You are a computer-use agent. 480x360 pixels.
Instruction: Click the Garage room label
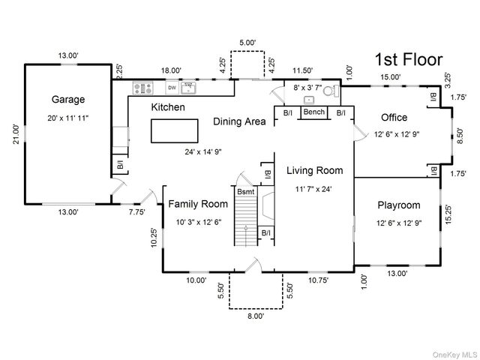[x=68, y=100]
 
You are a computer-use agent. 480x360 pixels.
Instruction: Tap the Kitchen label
[x=168, y=107]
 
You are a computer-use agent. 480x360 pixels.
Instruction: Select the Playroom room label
[x=399, y=205]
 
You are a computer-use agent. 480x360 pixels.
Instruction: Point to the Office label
[x=394, y=117]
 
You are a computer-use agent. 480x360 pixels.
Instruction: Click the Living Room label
[x=315, y=170]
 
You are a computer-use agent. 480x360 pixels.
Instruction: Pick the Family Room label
[x=198, y=204]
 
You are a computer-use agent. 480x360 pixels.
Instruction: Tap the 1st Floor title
[x=409, y=59]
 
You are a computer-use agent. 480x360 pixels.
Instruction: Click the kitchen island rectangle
[x=175, y=131]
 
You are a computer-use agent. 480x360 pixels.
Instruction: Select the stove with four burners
[x=143, y=88]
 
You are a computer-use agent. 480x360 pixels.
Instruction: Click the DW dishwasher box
[x=172, y=88]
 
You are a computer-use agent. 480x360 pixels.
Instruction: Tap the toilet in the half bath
[x=331, y=91]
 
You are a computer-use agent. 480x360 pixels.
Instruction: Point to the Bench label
[x=314, y=112]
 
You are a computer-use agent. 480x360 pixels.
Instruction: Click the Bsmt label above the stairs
[x=246, y=192]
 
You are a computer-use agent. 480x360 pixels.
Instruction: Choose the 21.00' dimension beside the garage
[x=16, y=133]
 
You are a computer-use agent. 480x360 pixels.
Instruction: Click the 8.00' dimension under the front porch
[x=256, y=316]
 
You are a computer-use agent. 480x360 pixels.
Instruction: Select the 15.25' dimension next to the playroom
[x=448, y=214]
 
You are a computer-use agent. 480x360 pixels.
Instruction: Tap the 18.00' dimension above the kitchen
[x=172, y=70]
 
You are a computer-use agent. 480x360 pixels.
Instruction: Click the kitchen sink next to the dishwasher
[x=188, y=88]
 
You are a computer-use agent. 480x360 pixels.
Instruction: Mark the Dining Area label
[x=239, y=121]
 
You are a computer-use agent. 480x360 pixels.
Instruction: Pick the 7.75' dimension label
[x=136, y=211]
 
